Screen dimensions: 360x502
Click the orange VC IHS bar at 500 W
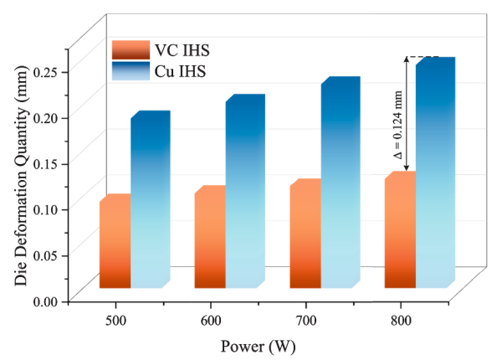115,243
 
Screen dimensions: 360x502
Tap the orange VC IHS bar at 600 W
209,239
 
